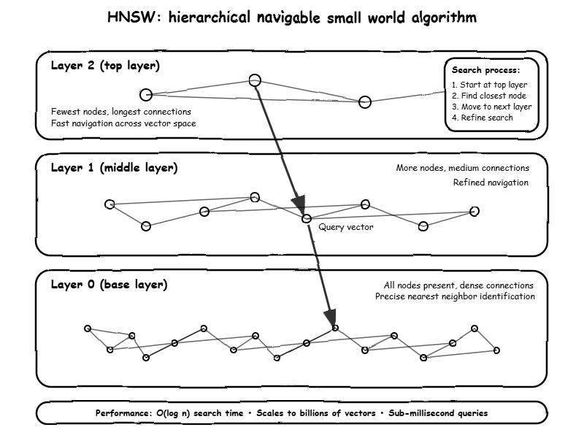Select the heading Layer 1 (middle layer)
(x=114, y=168)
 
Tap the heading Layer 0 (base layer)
(x=109, y=285)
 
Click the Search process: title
(x=485, y=71)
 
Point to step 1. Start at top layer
(x=489, y=85)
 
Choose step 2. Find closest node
(x=489, y=96)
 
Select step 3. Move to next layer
(x=491, y=107)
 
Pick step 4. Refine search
(x=482, y=118)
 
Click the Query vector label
(x=346, y=227)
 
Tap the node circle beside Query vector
(x=307, y=218)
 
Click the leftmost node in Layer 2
(x=145, y=94)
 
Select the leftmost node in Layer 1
(x=109, y=204)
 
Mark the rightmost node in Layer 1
(x=474, y=211)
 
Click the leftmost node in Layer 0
(x=88, y=328)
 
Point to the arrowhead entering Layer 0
(x=330, y=318)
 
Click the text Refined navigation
(x=491, y=182)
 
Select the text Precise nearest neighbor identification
(x=455, y=296)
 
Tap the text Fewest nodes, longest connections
(x=121, y=112)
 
